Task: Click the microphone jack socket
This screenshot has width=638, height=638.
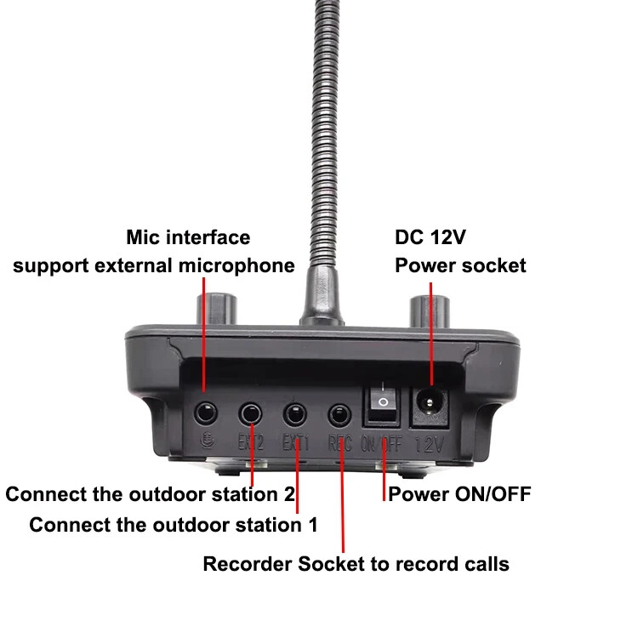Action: point(206,414)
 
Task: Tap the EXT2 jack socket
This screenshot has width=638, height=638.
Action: point(251,414)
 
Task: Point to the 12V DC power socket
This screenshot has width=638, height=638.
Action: point(430,400)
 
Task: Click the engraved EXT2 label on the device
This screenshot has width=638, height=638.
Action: point(250,442)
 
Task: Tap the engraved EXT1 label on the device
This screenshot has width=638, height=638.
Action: point(295,442)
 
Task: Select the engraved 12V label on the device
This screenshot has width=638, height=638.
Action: point(430,443)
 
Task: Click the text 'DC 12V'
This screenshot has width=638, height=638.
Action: point(430,237)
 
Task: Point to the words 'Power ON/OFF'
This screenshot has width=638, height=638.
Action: point(459,493)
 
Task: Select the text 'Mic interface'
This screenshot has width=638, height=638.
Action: point(188,237)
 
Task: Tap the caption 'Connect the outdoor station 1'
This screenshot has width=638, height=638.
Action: point(174,524)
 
